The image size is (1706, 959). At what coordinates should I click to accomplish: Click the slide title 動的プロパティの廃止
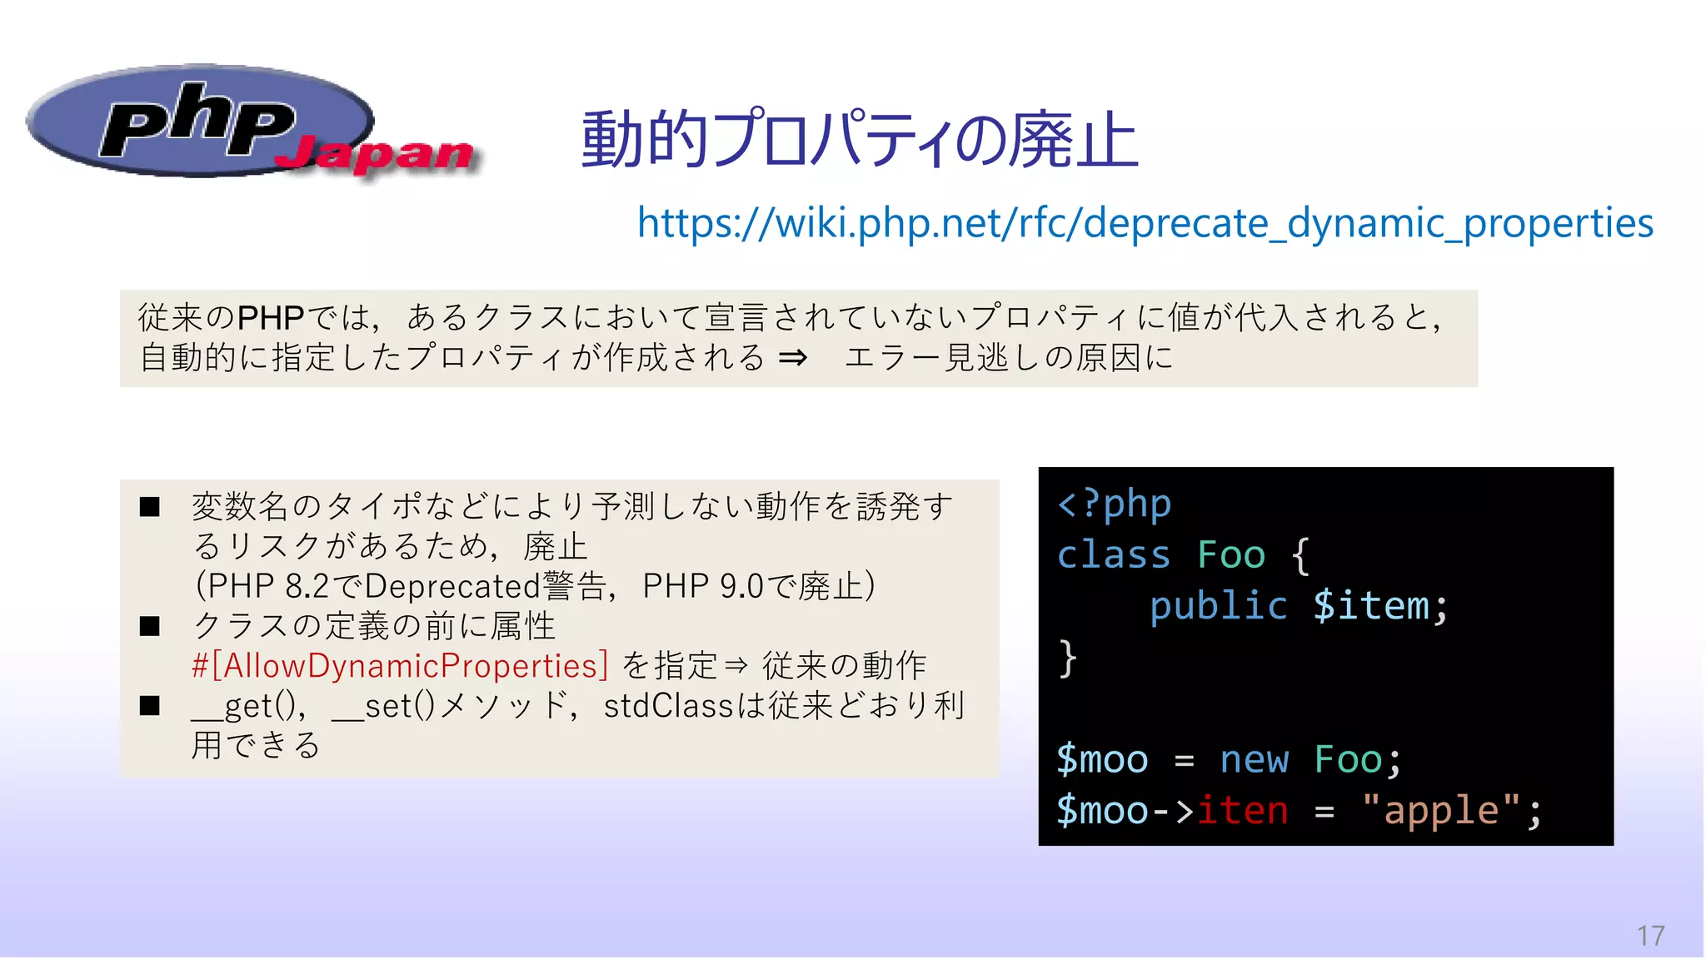859,139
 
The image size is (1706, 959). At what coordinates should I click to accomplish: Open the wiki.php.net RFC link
1145,223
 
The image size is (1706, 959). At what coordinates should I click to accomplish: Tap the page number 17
1650,936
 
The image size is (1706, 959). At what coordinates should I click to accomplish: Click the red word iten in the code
1242,810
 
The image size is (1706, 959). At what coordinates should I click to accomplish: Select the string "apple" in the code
1440,810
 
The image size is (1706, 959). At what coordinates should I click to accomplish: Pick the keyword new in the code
1254,759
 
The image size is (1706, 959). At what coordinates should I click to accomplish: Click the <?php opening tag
1114,504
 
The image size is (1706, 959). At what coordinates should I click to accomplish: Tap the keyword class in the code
1114,554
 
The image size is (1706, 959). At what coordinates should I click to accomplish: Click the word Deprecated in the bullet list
452,586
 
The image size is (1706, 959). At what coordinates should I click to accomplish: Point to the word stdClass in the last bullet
668,706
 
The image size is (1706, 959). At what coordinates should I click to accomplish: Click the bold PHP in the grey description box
271,318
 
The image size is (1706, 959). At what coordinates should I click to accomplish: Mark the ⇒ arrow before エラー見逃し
792,358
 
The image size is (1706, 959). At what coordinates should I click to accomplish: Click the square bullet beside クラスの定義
150,626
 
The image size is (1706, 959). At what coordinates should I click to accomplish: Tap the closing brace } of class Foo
1067,658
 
